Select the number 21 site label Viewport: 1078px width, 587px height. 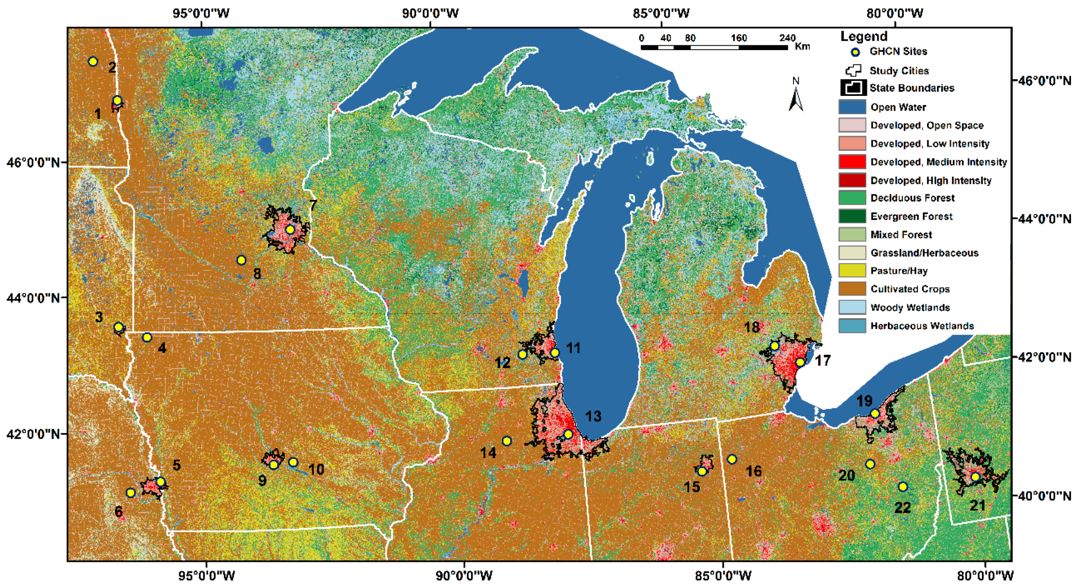point(978,506)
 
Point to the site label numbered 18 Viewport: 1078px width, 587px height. point(751,327)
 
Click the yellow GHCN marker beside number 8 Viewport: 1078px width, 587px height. point(241,260)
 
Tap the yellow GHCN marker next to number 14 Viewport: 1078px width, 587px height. point(507,441)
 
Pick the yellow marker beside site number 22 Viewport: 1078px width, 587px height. point(903,487)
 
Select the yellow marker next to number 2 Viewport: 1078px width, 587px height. point(93,61)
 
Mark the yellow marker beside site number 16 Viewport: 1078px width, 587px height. point(732,459)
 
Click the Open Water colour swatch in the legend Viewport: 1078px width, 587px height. point(852,107)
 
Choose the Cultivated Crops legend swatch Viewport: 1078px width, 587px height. point(852,289)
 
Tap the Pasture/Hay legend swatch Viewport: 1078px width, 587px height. point(852,271)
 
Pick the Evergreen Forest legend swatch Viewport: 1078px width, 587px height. point(852,216)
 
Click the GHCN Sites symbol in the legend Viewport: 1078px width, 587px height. point(856,52)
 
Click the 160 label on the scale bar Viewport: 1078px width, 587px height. point(739,38)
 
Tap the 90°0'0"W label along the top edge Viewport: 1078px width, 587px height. point(430,13)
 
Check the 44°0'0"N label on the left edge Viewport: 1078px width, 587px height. point(33,298)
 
